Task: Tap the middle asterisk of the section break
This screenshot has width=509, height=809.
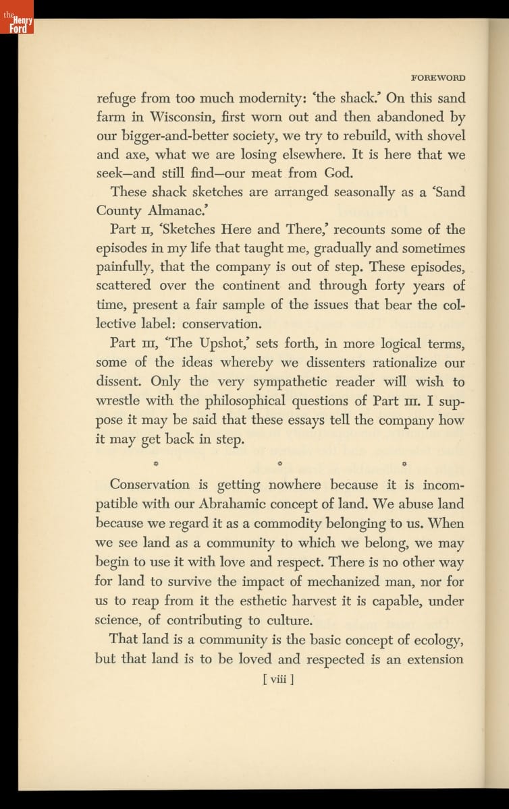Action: point(280,464)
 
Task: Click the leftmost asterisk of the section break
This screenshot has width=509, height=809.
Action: point(156,464)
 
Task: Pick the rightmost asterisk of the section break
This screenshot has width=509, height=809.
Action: point(404,464)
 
